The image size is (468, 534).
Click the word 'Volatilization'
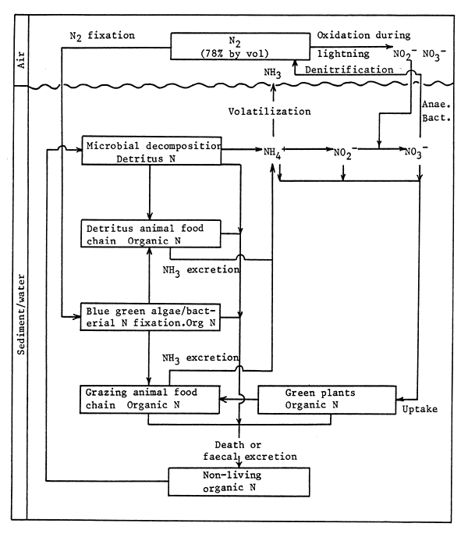[x=270, y=112]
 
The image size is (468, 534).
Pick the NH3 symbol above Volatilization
[x=273, y=73]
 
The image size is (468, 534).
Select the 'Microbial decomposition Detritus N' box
[x=154, y=151]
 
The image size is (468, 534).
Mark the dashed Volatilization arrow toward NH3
[x=273, y=109]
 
